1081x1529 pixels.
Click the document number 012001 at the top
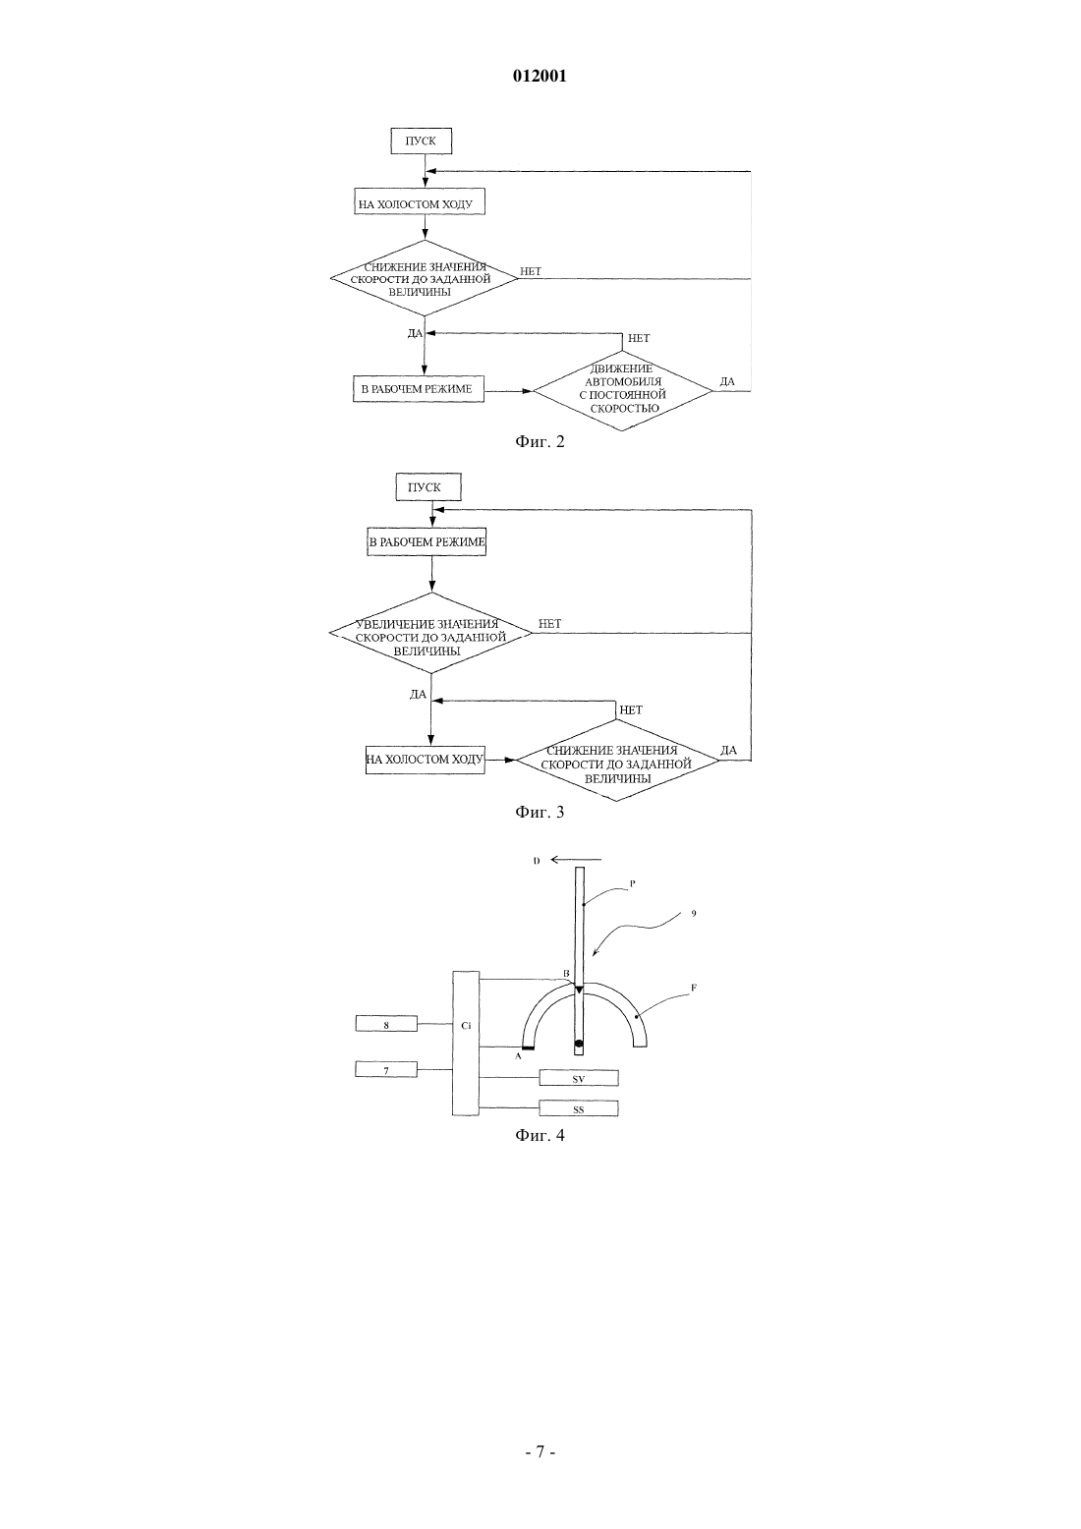click(540, 76)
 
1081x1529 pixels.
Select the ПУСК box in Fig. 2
click(421, 142)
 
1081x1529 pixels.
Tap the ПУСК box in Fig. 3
click(428, 487)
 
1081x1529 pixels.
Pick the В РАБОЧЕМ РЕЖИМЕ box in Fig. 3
click(427, 542)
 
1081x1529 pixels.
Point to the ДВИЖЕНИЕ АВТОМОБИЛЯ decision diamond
click(622, 390)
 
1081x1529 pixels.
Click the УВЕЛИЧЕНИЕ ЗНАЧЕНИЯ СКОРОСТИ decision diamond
click(430, 633)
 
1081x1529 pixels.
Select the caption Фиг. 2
click(540, 441)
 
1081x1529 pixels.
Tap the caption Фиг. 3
click(540, 812)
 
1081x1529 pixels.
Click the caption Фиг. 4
click(540, 1135)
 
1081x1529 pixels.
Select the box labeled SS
click(579, 1108)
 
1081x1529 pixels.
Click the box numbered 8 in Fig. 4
click(386, 1024)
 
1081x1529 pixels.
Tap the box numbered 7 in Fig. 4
click(386, 1069)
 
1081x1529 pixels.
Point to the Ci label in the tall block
click(466, 1025)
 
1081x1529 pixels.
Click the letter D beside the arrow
click(537, 861)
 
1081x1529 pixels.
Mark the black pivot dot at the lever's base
click(579, 1043)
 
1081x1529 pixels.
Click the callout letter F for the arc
click(694, 987)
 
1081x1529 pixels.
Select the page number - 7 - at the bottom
click(540, 1451)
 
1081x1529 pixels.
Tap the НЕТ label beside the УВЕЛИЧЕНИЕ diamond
click(550, 623)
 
